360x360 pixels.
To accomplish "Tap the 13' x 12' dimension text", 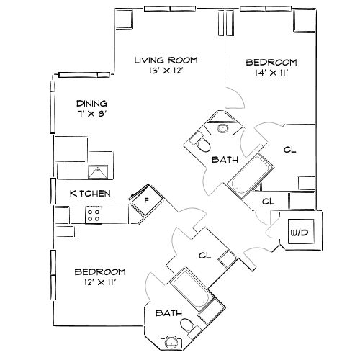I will [x=166, y=71].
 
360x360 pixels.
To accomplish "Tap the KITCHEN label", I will [x=89, y=193].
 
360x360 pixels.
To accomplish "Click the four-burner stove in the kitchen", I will [x=94, y=214].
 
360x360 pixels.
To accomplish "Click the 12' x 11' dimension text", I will [x=100, y=283].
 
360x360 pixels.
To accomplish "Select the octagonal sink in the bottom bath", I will [x=171, y=343].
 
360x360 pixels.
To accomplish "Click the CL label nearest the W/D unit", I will [x=269, y=201].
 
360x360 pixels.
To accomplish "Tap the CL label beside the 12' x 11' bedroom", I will [x=204, y=254].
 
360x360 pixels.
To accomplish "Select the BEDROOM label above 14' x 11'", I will [x=271, y=63].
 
